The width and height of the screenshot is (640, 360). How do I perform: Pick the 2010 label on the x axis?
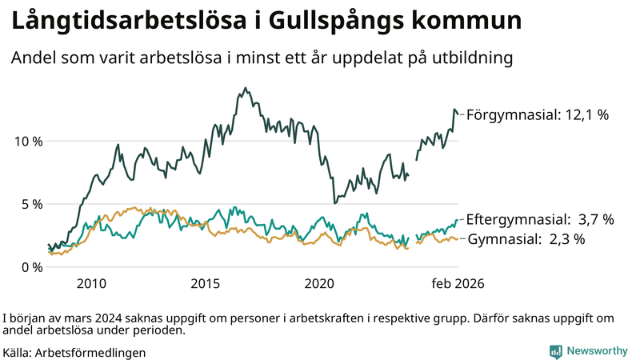click(x=91, y=283)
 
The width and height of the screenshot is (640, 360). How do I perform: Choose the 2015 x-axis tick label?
click(x=206, y=283)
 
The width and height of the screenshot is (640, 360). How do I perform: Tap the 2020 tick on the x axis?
click(x=320, y=283)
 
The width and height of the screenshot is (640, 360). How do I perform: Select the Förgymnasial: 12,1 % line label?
click(x=538, y=115)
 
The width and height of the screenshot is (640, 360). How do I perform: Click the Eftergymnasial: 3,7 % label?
click(x=540, y=219)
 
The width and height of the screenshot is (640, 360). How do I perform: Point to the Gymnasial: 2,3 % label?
click(x=526, y=238)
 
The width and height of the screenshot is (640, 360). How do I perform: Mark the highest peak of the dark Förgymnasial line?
click(x=245, y=88)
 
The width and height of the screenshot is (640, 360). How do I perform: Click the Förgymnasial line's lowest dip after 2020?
click(x=334, y=203)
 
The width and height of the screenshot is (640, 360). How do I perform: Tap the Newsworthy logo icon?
click(x=555, y=351)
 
